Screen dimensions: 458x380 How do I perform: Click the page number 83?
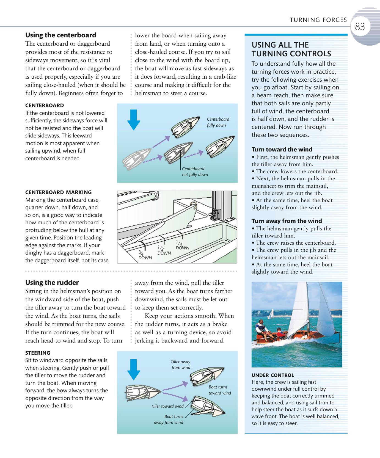360,27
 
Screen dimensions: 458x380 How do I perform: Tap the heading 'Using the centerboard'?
60,35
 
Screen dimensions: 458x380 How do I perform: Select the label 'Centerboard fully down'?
218,122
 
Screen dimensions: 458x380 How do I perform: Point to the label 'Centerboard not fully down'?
195,172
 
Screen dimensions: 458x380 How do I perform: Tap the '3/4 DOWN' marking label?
145,255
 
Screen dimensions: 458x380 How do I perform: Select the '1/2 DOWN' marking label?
164,250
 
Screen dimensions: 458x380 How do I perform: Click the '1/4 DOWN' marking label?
182,245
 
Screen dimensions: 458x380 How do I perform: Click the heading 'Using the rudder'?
52,283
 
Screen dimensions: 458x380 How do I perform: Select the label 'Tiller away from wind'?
180,365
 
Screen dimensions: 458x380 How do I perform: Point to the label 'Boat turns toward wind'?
219,390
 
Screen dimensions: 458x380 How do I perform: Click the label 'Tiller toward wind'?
167,406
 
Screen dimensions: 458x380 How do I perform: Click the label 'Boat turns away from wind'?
169,420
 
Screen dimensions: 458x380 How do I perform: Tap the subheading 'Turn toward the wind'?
282,150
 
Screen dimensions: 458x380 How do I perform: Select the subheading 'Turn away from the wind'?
287,221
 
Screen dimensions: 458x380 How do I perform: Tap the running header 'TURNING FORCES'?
318,20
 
